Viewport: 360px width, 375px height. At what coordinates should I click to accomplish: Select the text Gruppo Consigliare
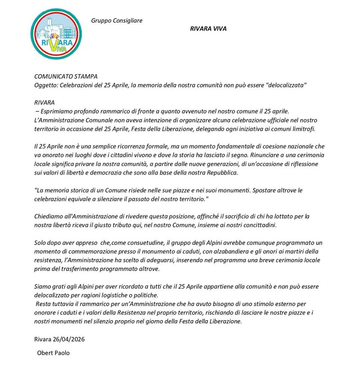[117, 20]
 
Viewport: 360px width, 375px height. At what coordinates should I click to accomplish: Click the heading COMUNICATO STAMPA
[66, 77]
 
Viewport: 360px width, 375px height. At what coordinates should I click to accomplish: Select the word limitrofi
[304, 129]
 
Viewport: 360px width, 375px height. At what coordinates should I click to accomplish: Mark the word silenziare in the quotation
[117, 198]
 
